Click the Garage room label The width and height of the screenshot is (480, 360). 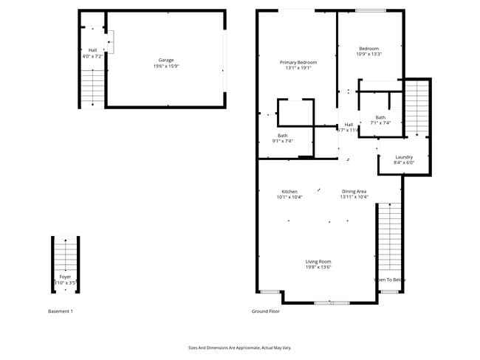click(x=165, y=60)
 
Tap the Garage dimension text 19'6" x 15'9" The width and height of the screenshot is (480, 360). click(x=165, y=66)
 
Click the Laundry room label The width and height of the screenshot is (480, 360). click(x=404, y=157)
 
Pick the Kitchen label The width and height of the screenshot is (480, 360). click(x=289, y=191)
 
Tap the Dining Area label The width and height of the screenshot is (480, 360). click(x=354, y=191)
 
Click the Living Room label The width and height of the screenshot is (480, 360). click(x=318, y=261)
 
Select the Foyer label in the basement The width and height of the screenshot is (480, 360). click(x=65, y=277)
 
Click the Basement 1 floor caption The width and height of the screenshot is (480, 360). click(x=60, y=311)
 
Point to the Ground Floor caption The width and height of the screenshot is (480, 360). click(x=266, y=311)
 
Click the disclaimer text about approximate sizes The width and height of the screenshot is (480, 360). click(x=240, y=347)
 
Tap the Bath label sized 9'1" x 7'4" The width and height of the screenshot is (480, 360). click(x=283, y=135)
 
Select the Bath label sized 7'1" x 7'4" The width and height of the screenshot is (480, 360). click(x=380, y=117)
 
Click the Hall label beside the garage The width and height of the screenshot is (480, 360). click(x=92, y=50)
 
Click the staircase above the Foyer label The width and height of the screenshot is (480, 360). click(x=65, y=255)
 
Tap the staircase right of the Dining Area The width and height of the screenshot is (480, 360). click(x=389, y=236)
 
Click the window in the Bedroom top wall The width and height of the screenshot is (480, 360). click(x=370, y=10)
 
